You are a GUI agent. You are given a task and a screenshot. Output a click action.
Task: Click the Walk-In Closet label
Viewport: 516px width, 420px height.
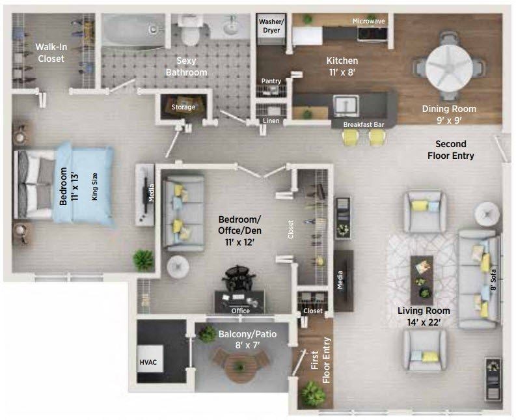tap(51, 53)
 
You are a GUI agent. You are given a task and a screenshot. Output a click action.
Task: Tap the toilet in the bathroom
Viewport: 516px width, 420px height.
tap(190, 32)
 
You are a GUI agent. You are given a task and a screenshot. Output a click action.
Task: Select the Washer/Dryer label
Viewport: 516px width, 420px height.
tap(271, 26)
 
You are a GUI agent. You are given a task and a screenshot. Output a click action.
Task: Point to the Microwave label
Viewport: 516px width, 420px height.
tap(368, 21)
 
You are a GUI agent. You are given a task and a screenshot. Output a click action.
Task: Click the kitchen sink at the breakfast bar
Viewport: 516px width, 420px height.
tap(346, 105)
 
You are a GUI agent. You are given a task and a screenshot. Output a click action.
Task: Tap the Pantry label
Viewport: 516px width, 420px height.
tap(271, 81)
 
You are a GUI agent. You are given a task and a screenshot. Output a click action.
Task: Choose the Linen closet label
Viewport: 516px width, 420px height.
tap(271, 121)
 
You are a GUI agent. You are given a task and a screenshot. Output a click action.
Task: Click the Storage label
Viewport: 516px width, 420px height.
tap(183, 107)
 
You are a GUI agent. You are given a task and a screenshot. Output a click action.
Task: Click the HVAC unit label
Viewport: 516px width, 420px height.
tap(148, 362)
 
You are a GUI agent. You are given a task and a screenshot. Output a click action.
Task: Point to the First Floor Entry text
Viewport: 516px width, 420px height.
tap(321, 360)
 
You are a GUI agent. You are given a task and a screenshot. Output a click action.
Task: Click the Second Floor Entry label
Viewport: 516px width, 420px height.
tap(451, 150)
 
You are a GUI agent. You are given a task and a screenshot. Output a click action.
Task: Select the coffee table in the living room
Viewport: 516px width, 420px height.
tap(422, 280)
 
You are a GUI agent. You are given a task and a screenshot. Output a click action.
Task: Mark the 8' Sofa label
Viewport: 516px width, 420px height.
tap(493, 280)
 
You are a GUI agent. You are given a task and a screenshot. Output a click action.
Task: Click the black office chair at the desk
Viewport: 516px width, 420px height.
tap(240, 277)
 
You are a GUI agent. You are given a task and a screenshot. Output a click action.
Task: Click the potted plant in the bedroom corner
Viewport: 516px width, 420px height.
tap(144, 260)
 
